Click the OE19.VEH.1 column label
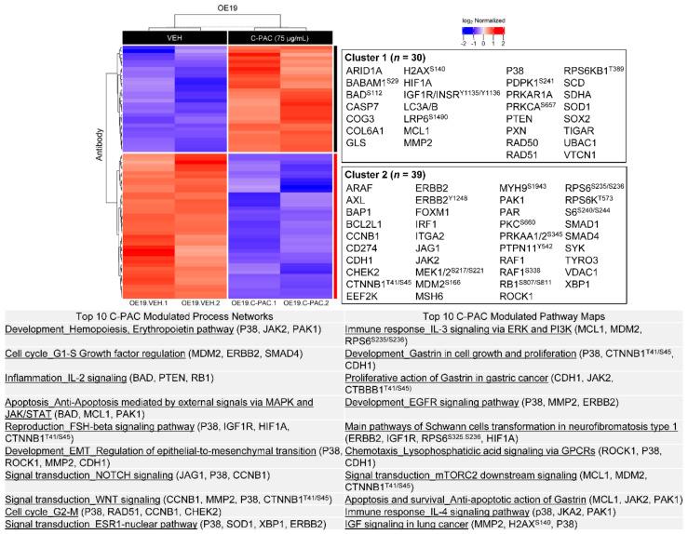coord(150,302)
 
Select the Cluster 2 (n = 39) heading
coord(389,175)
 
